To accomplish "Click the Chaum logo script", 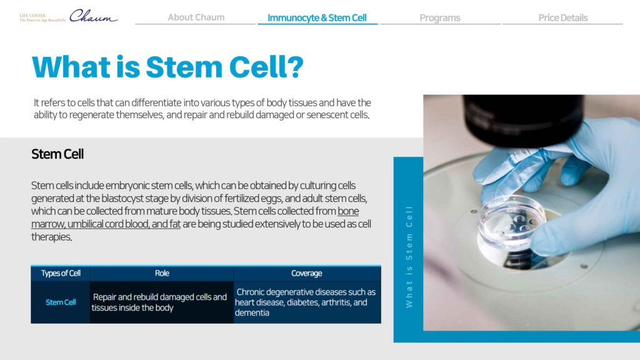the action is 94,16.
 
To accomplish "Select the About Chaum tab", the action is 196,17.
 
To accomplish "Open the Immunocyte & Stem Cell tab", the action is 317,18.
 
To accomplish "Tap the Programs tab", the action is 439,18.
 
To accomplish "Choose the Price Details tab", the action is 563,18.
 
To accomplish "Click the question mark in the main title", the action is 296,67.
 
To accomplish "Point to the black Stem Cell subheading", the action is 57,154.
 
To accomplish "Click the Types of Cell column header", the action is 61,274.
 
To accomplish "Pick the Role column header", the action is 162,274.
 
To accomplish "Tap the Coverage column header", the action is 306,274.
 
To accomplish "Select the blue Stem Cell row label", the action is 61,302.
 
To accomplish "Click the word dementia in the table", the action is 252,313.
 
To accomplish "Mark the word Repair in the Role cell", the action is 104,297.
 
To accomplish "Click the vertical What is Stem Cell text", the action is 409,257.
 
